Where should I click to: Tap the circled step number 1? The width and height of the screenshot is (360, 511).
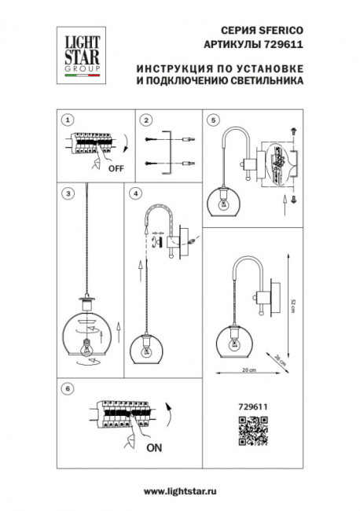(68, 120)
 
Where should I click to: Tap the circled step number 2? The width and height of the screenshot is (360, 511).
(146, 120)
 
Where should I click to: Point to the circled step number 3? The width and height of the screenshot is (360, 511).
(68, 193)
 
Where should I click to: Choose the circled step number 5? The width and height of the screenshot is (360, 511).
(213, 120)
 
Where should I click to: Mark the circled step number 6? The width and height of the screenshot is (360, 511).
(68, 388)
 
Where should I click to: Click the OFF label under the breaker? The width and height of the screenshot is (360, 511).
(116, 168)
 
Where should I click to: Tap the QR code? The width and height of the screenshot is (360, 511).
(248, 432)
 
